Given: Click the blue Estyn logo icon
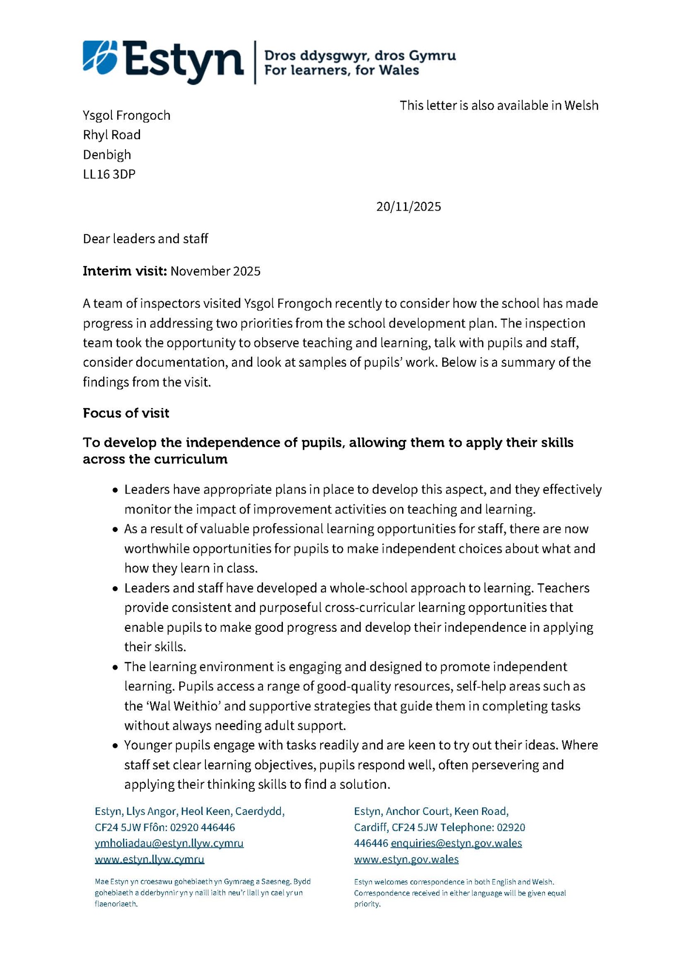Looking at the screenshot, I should coord(100,58).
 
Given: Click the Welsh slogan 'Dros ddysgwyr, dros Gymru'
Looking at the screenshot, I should coord(359,56).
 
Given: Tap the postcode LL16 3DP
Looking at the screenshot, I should coord(109,174).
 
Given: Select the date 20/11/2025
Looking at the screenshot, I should coord(408,207).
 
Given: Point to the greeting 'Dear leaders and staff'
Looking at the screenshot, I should coord(145,239).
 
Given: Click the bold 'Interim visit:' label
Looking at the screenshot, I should coord(125,271).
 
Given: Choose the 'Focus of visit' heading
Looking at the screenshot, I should coord(126,413).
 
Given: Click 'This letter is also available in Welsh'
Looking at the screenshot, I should coord(498,106).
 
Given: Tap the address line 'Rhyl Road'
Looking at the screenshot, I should coord(111,135).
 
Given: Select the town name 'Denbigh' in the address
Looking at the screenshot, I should coord(107,155).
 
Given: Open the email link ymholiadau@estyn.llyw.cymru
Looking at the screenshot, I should coord(169,843).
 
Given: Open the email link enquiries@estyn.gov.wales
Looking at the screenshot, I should coord(456,843).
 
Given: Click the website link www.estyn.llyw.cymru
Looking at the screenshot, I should coord(149,860).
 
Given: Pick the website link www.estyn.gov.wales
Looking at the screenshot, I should coord(406,860).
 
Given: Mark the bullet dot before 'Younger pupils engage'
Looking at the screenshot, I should coord(115,746).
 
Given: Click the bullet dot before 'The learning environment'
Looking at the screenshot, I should coord(115,668).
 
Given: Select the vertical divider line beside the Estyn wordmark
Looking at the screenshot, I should coord(255,63).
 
